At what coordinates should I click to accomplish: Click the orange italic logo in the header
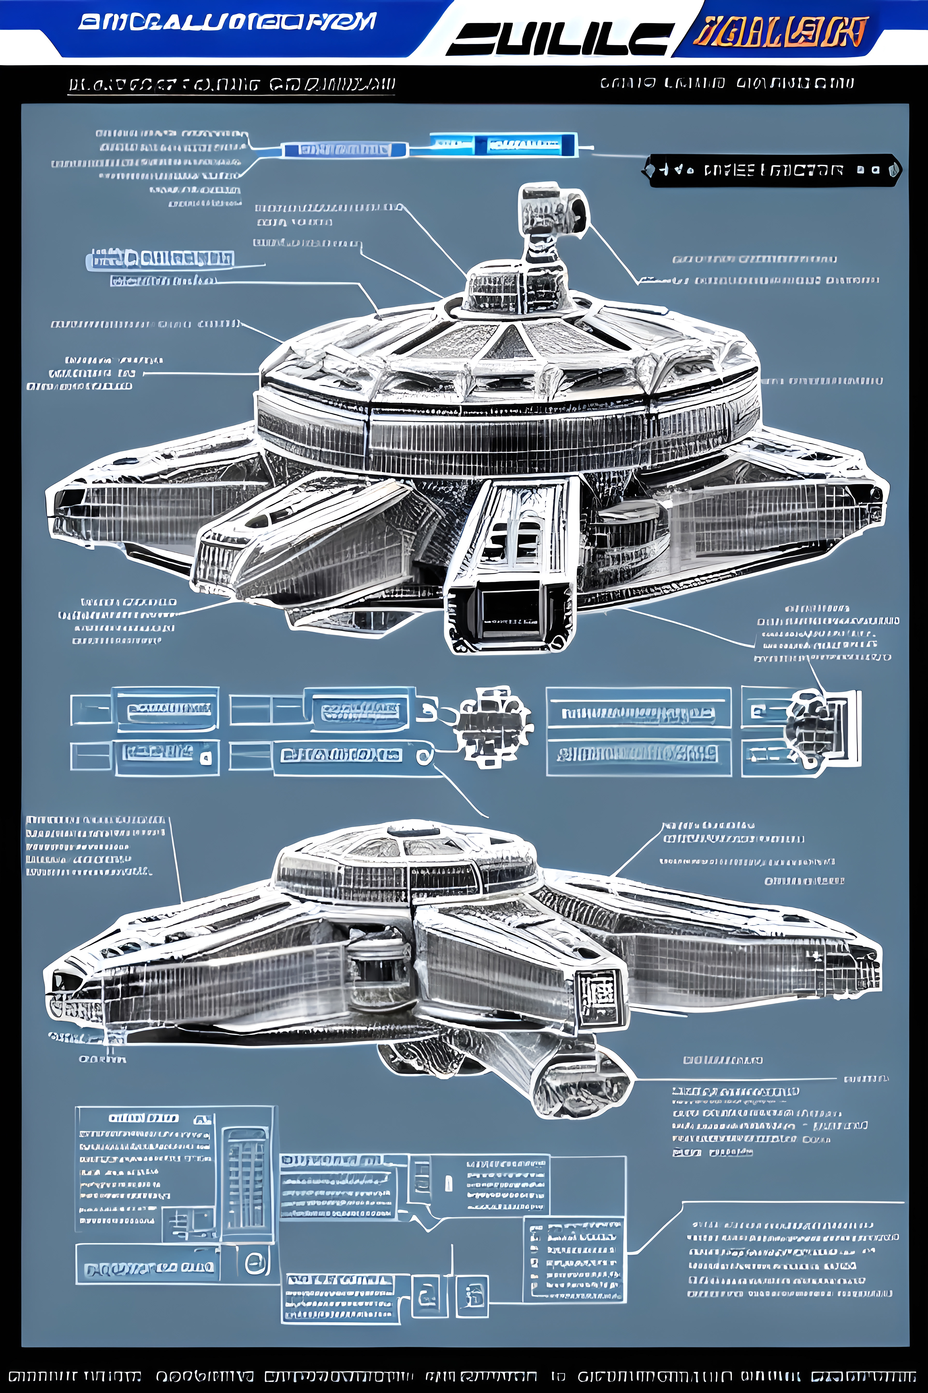[x=780, y=33]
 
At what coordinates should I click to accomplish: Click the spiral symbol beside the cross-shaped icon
[x=424, y=756]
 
